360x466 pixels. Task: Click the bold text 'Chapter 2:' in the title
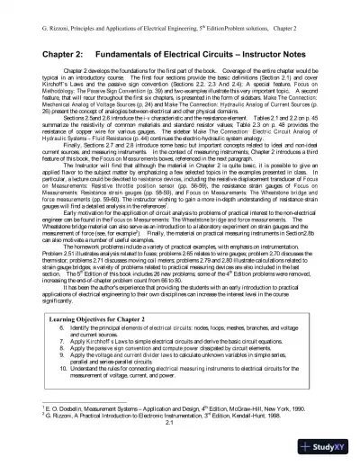40,53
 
